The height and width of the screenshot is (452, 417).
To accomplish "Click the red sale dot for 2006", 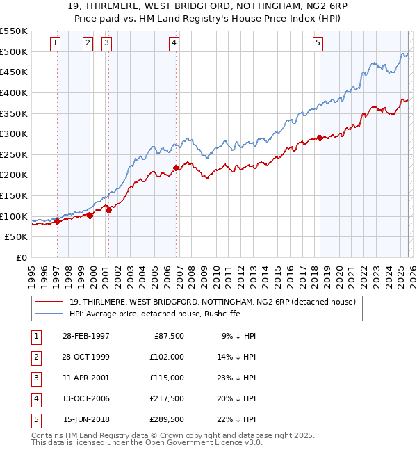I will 176,168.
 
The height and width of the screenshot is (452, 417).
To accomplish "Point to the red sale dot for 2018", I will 320,138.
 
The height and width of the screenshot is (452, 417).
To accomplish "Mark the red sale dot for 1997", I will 57,221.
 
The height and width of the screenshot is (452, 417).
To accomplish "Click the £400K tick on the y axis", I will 14,92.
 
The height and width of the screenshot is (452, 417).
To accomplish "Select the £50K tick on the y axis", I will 17,237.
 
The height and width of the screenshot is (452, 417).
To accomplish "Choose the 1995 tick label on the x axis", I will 31,271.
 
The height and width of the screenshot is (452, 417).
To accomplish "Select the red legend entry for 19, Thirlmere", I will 213,302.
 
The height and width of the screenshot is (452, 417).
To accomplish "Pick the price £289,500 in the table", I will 167,419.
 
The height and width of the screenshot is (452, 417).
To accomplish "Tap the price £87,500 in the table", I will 169,336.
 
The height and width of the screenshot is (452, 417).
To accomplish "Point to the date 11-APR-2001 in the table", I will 85,378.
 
